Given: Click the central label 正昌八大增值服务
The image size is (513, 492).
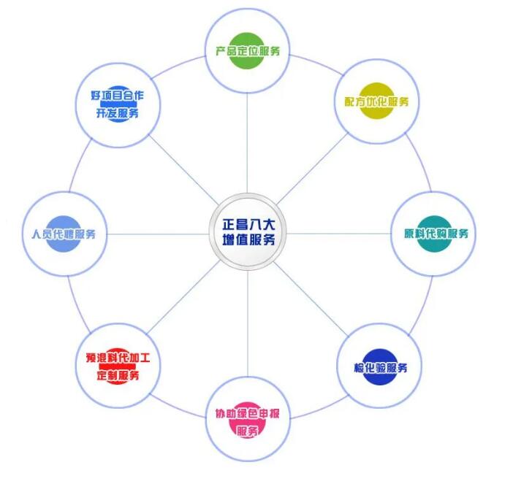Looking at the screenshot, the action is [x=248, y=232].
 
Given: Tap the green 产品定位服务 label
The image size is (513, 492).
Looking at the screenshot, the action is [x=248, y=51].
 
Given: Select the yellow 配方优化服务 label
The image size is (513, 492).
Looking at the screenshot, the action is [x=376, y=101].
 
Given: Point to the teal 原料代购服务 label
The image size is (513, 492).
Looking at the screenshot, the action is [x=436, y=234].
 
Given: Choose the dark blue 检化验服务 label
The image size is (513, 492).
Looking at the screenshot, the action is [x=381, y=368].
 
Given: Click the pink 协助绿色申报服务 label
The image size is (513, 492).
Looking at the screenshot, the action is [x=247, y=422].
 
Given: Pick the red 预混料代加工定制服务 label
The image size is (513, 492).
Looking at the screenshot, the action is [x=118, y=366].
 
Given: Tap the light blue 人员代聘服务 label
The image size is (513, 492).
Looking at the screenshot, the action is [x=64, y=234].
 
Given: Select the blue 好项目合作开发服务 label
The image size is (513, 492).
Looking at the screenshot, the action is [x=117, y=104].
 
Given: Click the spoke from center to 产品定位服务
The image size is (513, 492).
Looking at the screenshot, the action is [x=247, y=143].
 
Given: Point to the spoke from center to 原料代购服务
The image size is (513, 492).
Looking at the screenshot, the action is [x=338, y=234].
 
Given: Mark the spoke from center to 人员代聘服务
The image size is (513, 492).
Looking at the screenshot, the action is [x=158, y=234].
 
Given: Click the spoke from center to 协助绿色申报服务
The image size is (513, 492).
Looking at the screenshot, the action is [x=248, y=323].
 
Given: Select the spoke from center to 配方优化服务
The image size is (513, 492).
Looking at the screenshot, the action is [x=312, y=169].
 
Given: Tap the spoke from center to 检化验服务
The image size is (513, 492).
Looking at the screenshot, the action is [x=311, y=299].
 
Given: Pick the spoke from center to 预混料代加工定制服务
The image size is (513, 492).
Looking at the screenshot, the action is [x=183, y=297].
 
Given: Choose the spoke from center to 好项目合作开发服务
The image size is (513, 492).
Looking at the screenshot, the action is [x=183, y=169].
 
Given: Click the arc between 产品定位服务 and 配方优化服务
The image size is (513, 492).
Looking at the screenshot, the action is [x=316, y=63].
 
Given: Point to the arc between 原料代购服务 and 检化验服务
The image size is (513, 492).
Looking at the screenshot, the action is [x=422, y=307].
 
